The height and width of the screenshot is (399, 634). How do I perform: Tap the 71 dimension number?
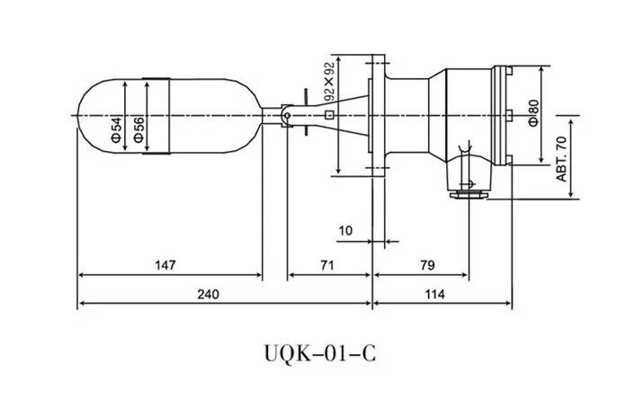tap(326, 265)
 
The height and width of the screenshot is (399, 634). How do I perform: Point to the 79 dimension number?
tap(427, 265)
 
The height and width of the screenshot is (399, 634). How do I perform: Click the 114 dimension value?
tap(441, 294)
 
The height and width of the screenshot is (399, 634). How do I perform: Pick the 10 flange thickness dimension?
tap(345, 231)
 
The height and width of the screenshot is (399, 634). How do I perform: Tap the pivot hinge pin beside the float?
tap(285, 115)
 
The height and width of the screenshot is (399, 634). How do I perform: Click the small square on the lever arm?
tap(330, 115)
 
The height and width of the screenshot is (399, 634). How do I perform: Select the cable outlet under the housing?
tap(468, 190)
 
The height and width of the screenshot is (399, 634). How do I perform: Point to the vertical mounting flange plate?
tap(379, 115)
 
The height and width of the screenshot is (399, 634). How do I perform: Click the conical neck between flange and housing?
tap(410, 115)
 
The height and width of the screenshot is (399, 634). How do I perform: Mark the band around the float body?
tap(157, 115)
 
